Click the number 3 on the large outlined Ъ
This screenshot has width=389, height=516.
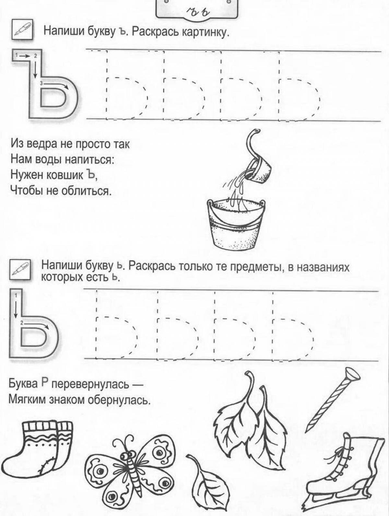(41, 83)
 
